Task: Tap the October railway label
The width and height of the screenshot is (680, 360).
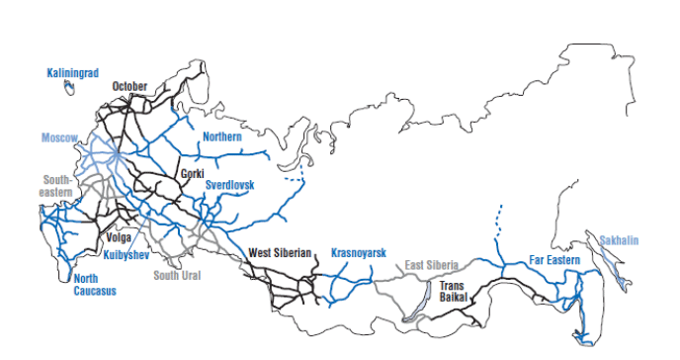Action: pos(129,86)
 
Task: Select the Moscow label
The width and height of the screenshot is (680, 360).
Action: pos(59,137)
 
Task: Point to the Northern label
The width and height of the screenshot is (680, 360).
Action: pos(221,136)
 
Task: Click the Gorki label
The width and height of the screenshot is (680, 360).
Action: pos(192,174)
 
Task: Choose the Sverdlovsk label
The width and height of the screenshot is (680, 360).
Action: pos(230,185)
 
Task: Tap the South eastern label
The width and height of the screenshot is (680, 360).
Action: pos(56,186)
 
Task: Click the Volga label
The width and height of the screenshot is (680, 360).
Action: pos(118,237)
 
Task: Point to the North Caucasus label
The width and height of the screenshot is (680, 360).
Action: pos(95,285)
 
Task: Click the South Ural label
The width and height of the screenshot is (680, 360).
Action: pos(177,275)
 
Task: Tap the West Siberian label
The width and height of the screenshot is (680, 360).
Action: pos(281,253)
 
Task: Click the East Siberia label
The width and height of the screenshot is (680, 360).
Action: pos(433,265)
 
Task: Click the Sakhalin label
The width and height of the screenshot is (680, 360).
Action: pos(620,240)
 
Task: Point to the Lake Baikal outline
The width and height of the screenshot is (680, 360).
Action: pos(414,306)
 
